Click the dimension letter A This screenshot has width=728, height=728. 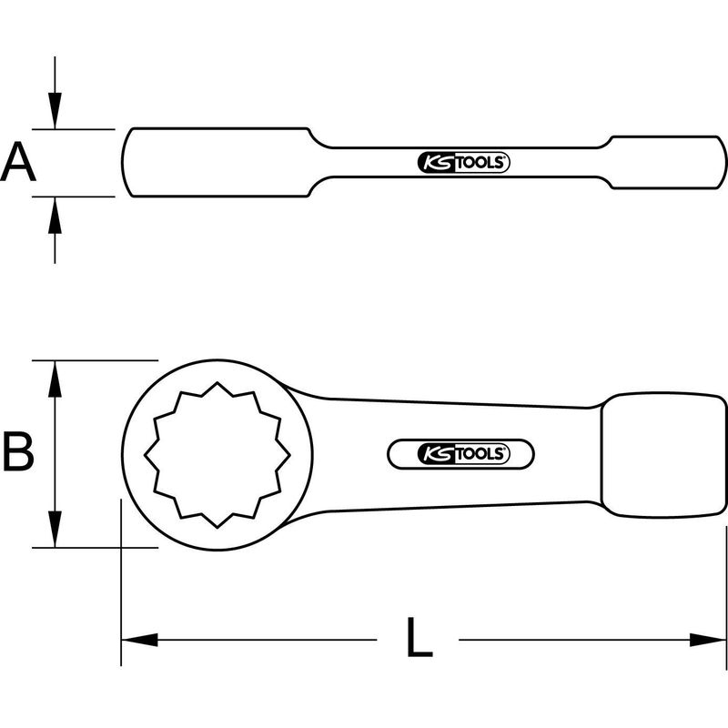pos(17,163)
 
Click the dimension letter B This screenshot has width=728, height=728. pos(17,452)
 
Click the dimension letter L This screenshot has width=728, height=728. pos(418,639)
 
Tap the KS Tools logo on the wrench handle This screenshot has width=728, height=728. pos(461,454)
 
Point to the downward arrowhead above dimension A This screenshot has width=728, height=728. pos(56,113)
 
